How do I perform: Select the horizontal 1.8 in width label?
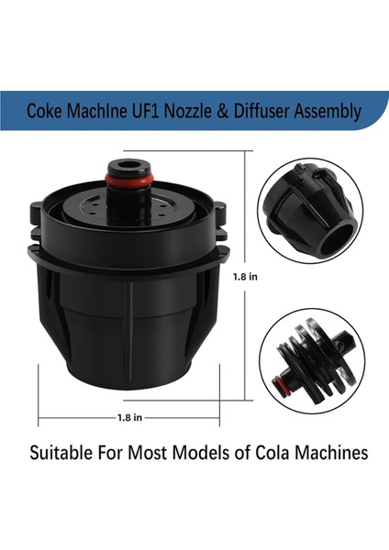point(128,417)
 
